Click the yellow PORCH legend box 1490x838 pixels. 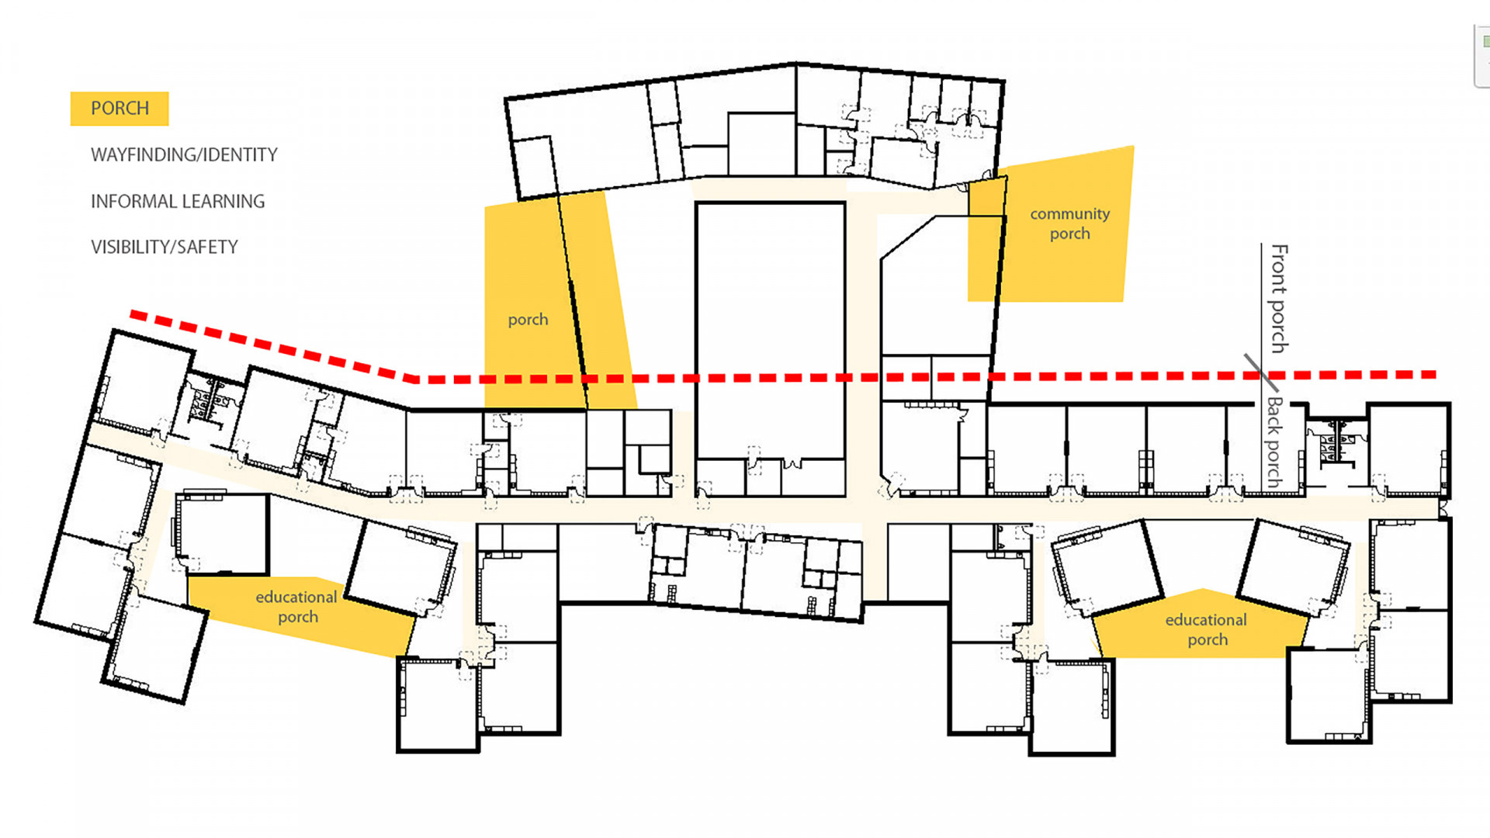120,109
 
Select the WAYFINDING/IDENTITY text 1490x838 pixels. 184,155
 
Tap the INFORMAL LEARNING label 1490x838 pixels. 178,202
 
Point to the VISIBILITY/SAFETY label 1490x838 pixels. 165,248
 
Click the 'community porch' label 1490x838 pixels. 1069,223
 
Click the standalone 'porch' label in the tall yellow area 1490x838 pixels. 528,320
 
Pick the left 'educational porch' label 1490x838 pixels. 296,607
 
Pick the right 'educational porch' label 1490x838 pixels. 1206,629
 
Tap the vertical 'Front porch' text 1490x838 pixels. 1279,299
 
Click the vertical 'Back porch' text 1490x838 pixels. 1275,442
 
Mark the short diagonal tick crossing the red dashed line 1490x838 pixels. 1261,372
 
